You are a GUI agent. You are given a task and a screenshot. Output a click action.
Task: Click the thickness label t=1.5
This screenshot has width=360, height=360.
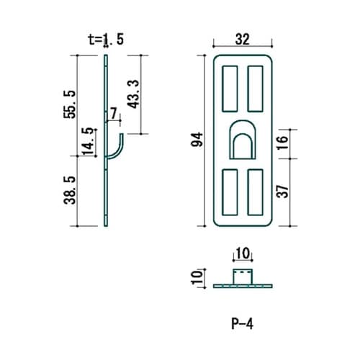point(104,40)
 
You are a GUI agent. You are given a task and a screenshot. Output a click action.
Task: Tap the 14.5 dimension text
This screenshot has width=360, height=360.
point(88,141)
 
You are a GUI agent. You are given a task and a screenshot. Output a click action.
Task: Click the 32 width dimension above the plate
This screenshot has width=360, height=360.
point(243,40)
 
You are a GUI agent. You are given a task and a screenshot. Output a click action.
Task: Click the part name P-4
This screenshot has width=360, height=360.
point(243,323)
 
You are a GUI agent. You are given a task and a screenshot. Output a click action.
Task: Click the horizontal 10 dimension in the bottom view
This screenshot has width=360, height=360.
point(243,254)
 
